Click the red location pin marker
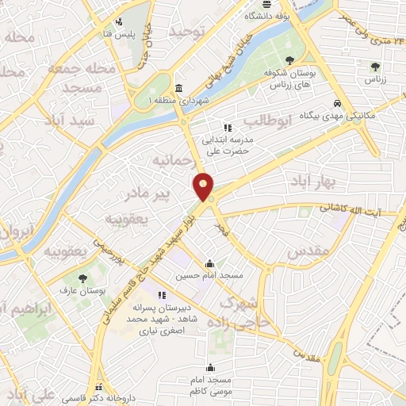coord(204,186)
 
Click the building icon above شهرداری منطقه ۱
coord(179,88)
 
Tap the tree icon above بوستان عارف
coord(83,278)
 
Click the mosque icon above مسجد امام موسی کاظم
coord(210,367)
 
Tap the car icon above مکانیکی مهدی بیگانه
coord(337,103)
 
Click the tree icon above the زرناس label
coord(375,67)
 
